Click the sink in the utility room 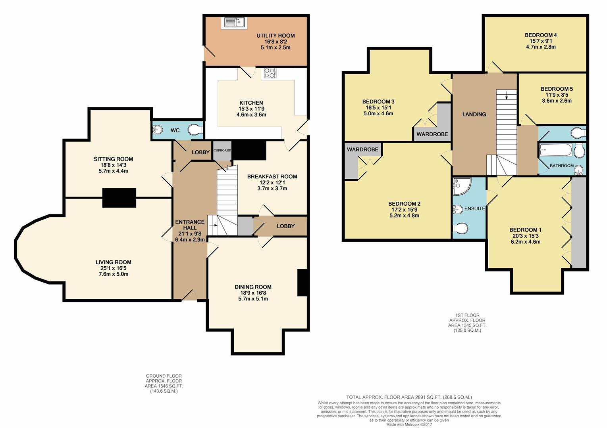tap(234, 23)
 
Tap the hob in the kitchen tap(270, 73)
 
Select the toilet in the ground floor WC tap(196, 130)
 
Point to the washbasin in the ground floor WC tap(157, 130)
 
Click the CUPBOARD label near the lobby tap(222, 151)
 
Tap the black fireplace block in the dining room tap(303, 282)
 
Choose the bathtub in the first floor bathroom tap(556, 150)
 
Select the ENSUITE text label tap(474, 208)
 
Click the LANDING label tap(474, 115)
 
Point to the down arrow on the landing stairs tap(507, 96)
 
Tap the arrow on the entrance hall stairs tap(213, 225)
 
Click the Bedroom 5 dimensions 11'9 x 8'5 tap(557, 95)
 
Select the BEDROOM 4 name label tap(541, 35)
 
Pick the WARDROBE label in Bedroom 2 tap(362, 149)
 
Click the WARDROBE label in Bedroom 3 tap(432, 134)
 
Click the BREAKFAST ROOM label tap(272, 177)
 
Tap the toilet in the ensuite tap(461, 227)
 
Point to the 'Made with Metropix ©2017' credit tap(409, 424)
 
